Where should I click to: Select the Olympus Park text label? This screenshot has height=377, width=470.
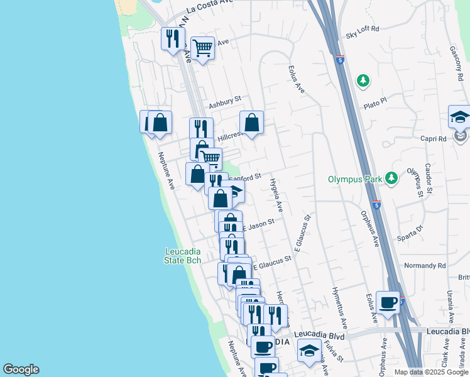pyautogui.click(x=355, y=179)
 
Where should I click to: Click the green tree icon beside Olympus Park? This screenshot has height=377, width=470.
pyautogui.click(x=391, y=178)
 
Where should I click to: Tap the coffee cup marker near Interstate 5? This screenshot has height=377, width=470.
pyautogui.click(x=388, y=303)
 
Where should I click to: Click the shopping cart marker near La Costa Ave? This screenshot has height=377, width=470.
pyautogui.click(x=202, y=48)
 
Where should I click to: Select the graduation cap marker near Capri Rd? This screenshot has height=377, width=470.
pyautogui.click(x=459, y=117)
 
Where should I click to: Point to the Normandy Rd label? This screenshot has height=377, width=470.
pyautogui.click(x=425, y=266)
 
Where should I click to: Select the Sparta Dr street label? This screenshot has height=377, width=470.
pyautogui.click(x=412, y=232)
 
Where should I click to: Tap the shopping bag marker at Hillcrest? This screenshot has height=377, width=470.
pyautogui.click(x=251, y=123)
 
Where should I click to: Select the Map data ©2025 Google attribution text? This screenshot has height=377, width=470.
pyautogui.click(x=430, y=372)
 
